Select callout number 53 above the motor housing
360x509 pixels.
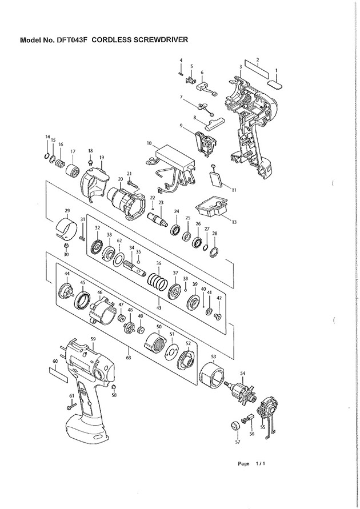(x=213, y=356)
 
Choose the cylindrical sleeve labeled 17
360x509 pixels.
(x=73, y=170)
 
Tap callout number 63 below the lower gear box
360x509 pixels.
(x=129, y=358)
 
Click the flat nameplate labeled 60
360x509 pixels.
(x=59, y=374)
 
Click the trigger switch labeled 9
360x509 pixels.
(x=206, y=142)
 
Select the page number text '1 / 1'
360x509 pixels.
(x=261, y=463)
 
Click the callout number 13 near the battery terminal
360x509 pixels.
(x=234, y=222)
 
